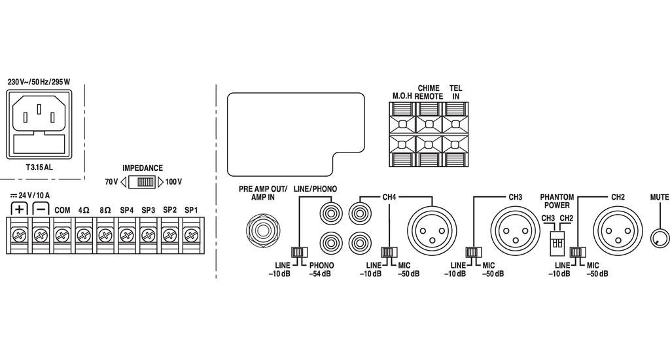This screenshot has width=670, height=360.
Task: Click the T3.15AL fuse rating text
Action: coord(39,168)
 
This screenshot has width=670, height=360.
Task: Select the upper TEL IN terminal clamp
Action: coord(455,124)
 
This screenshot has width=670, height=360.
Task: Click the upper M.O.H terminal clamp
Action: coord(401,124)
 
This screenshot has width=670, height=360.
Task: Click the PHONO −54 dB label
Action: coord(321,269)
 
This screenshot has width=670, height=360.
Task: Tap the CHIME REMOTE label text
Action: coord(429,92)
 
